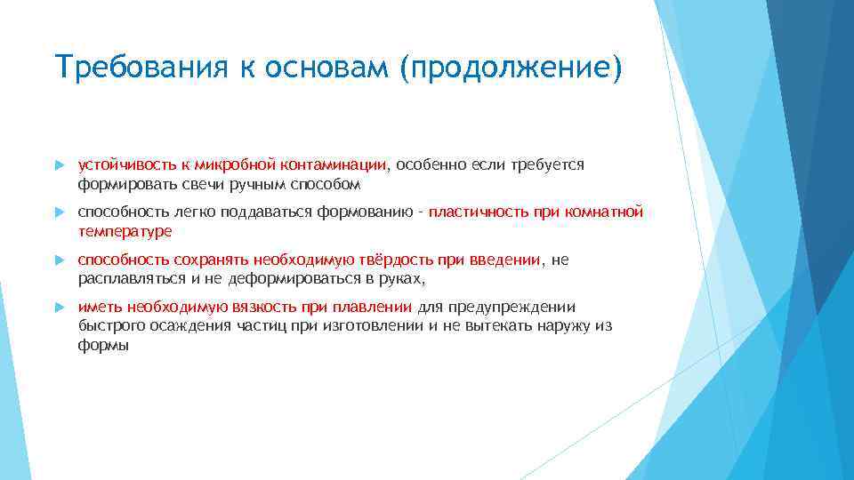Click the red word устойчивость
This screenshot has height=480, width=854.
click(x=117, y=164)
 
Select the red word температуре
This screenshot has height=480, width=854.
click(x=125, y=231)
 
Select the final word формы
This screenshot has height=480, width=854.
click(x=103, y=346)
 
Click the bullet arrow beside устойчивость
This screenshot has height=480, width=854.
click(x=60, y=165)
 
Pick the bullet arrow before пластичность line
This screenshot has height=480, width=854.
click(x=60, y=213)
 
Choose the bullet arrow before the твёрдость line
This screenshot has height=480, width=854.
click(x=60, y=260)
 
